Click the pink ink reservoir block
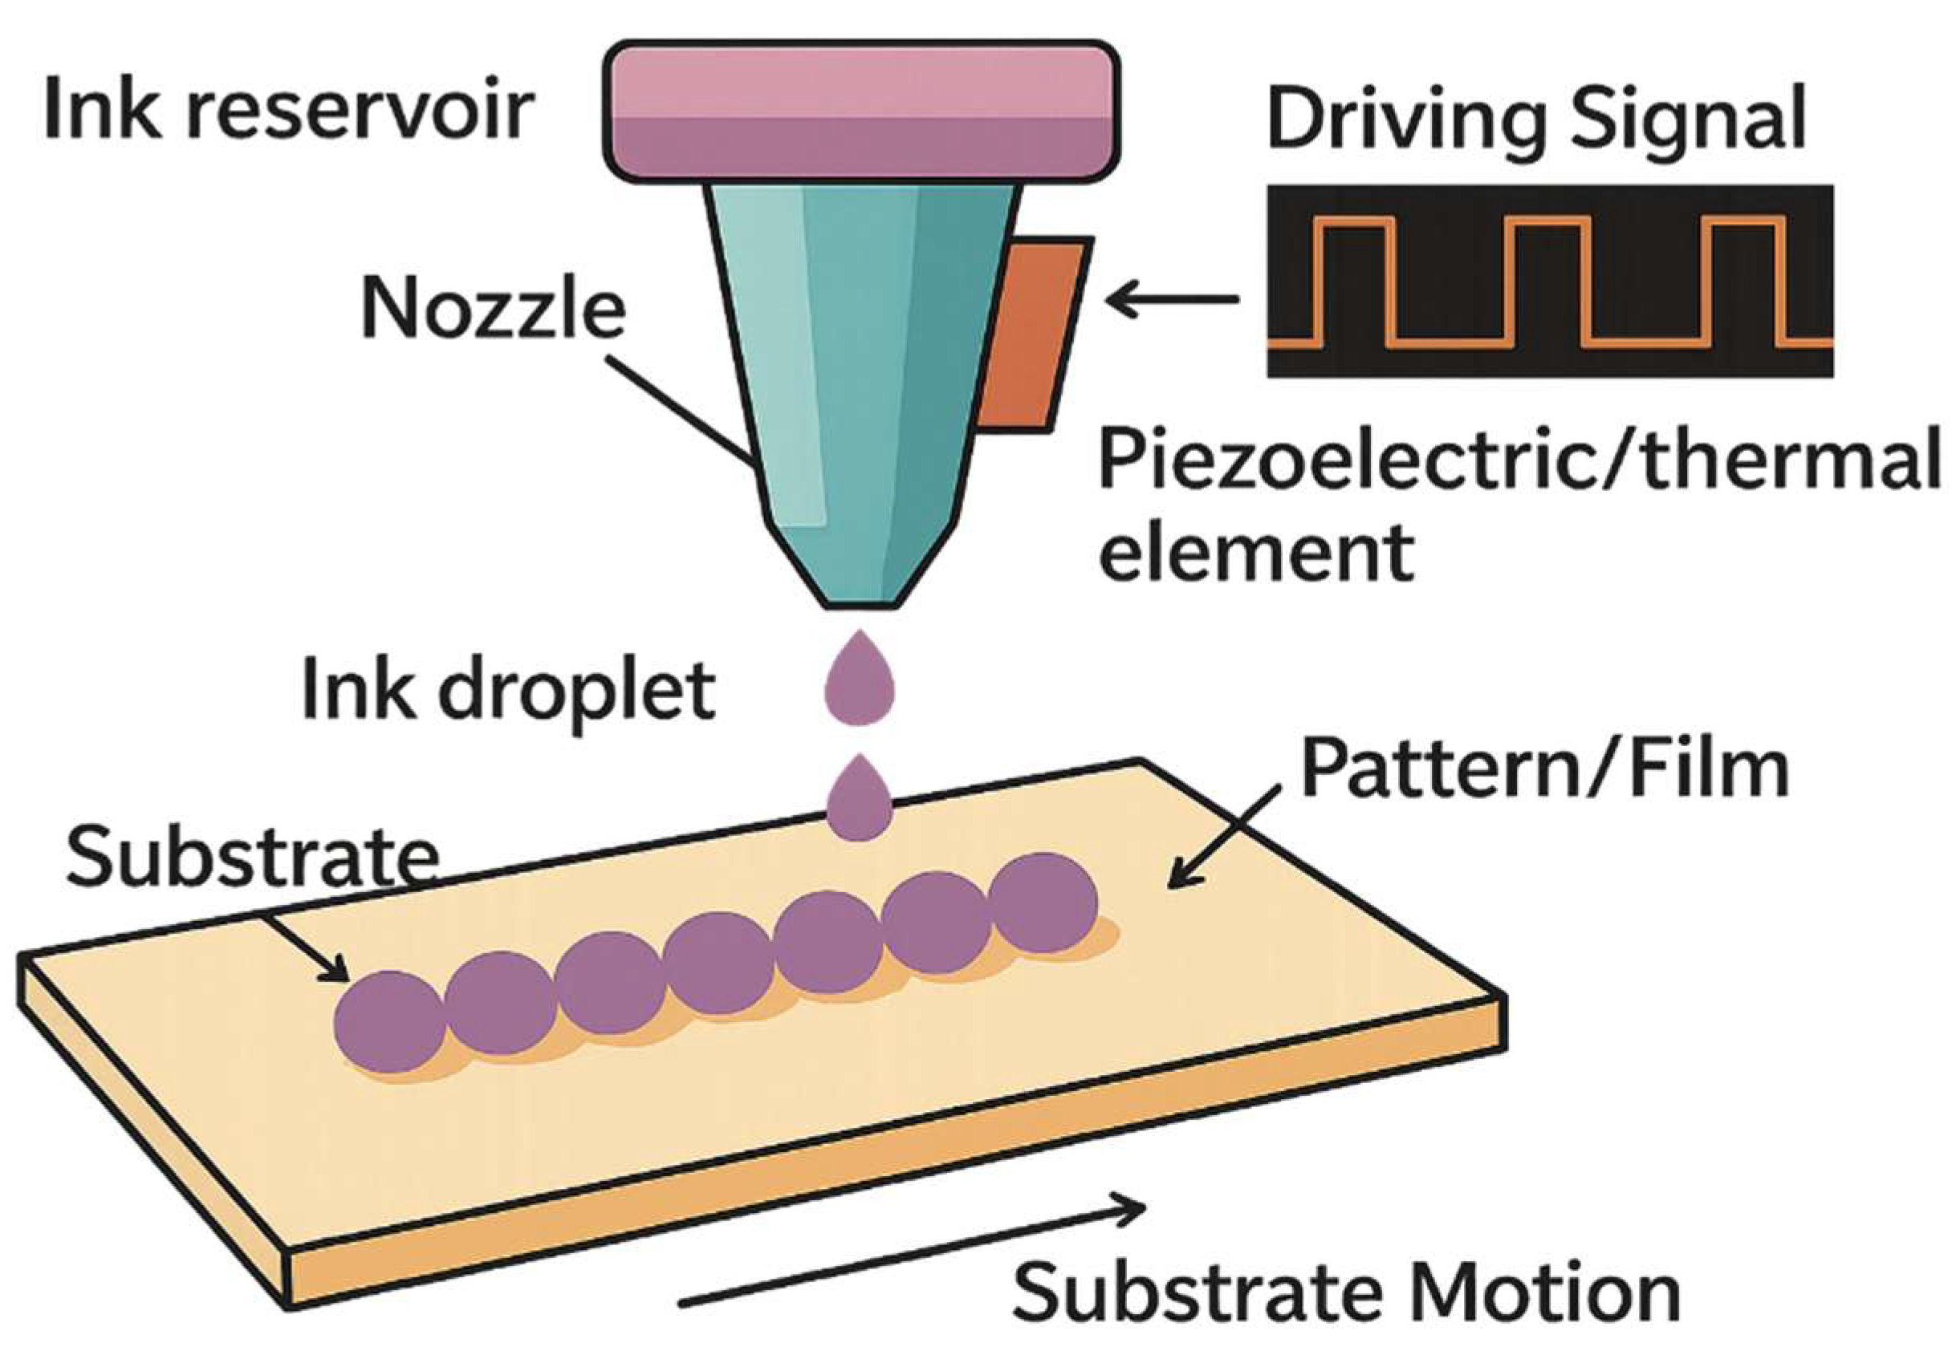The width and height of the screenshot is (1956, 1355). point(860,112)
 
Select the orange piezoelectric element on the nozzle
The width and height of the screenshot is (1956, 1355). point(1034,333)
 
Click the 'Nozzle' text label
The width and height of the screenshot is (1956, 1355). point(494,309)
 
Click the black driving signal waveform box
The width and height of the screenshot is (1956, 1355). point(1550,281)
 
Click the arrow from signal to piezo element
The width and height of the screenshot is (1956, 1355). point(1172,299)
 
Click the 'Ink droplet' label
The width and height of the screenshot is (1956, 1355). point(509,692)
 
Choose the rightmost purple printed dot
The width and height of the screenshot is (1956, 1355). point(1043,903)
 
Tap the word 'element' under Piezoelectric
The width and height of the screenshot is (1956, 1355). point(1258,552)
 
